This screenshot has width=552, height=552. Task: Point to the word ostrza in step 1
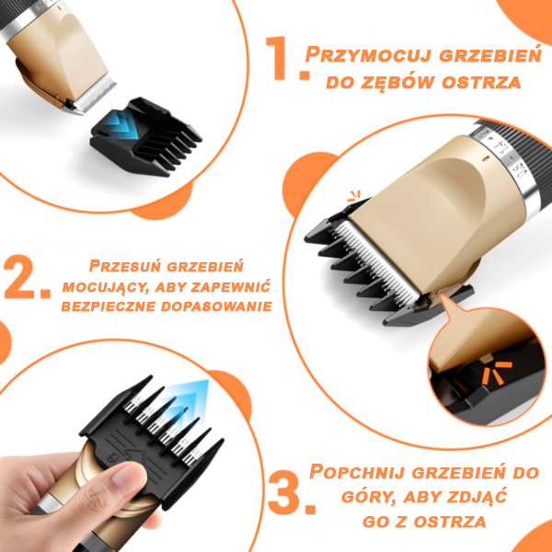(x=481, y=83)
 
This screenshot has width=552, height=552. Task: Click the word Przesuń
(x=125, y=266)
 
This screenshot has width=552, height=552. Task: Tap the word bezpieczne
(x=109, y=306)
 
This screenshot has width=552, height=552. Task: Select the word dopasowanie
(x=216, y=306)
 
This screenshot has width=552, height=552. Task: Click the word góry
(x=369, y=498)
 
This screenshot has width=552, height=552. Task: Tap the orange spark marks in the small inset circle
(x=497, y=373)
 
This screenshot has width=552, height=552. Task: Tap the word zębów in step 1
(x=401, y=83)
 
